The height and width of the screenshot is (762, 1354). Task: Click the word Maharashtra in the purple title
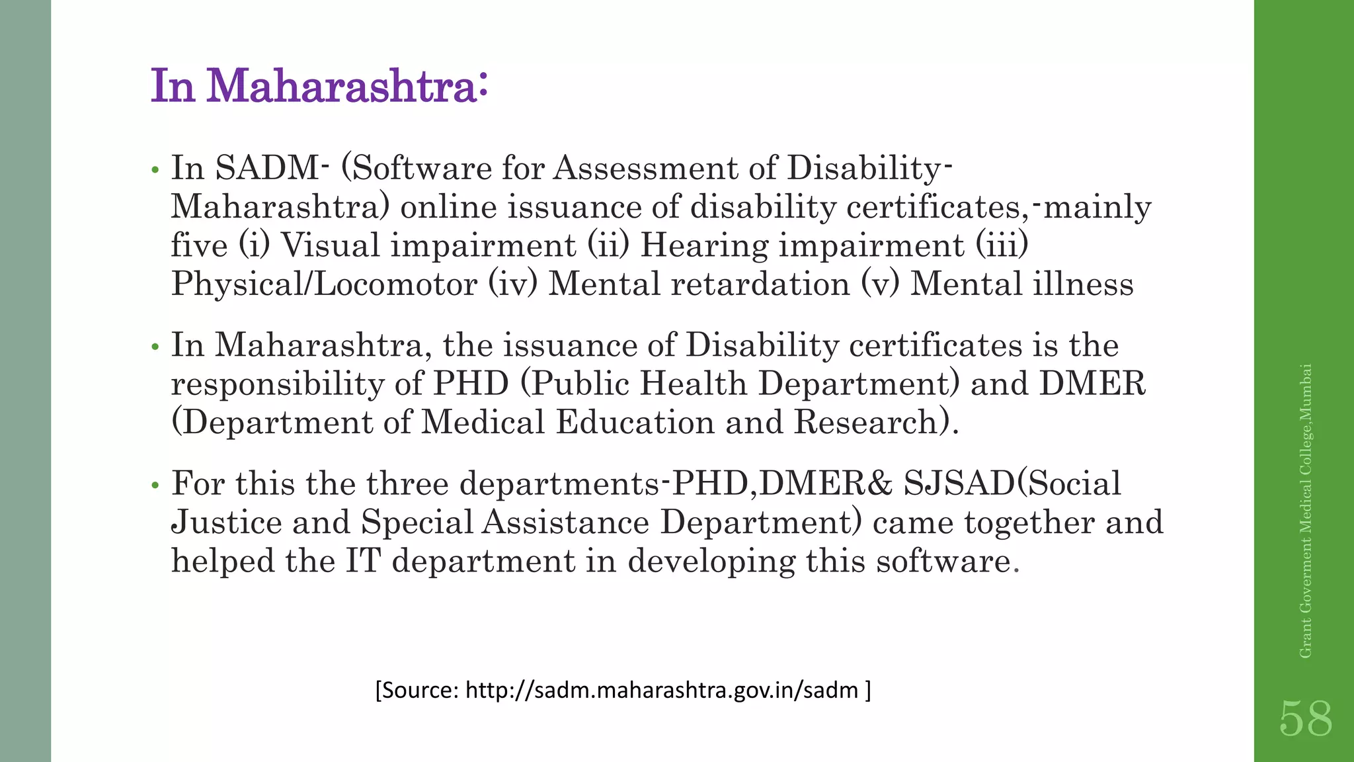[x=342, y=87]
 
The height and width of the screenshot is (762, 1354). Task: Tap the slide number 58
[x=1306, y=719]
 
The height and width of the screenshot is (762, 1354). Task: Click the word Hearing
[x=704, y=245]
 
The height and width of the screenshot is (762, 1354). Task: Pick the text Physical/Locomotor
[x=324, y=284]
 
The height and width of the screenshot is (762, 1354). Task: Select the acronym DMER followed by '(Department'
[x=1092, y=384]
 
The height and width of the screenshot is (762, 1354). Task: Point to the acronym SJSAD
[x=959, y=484]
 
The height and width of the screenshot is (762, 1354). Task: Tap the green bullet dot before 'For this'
[x=155, y=486]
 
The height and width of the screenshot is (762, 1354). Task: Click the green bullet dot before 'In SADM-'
[x=155, y=171]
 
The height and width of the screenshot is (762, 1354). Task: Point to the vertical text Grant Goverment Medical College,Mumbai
[x=1305, y=511]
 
